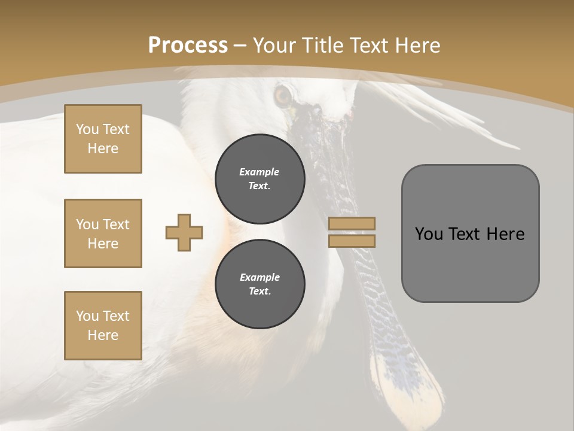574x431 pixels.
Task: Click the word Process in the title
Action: tap(188, 45)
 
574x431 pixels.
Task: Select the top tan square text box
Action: tap(103, 139)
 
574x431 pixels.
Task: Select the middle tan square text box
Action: tap(103, 233)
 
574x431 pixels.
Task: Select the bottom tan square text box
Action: tap(103, 326)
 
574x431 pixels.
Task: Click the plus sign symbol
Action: tap(184, 233)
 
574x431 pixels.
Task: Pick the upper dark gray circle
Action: tap(260, 178)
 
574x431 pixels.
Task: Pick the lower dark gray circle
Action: tap(260, 284)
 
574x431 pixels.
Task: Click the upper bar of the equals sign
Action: tap(352, 223)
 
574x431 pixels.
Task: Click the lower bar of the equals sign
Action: tap(352, 241)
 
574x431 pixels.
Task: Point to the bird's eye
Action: tap(282, 95)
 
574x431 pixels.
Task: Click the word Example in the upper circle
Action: tap(259, 172)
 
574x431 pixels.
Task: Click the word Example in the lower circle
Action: tap(259, 277)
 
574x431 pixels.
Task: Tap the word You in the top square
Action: tap(87, 129)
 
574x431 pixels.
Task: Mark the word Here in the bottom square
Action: tap(103, 335)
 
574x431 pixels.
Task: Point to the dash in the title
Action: tap(240, 45)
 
